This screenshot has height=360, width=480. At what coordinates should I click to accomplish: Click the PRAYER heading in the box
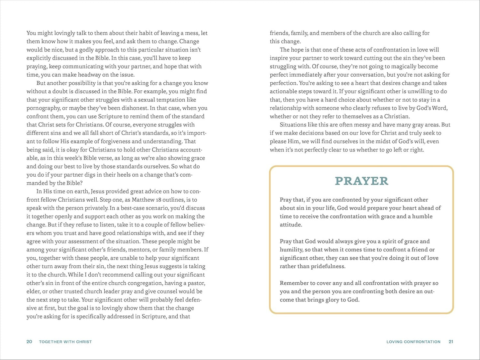coord(361,181)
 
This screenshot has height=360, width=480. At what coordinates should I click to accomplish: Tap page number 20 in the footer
coord(29,341)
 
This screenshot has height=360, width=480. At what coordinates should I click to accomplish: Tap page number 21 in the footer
coord(451,341)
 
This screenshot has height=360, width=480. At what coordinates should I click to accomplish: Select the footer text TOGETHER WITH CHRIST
coord(65,341)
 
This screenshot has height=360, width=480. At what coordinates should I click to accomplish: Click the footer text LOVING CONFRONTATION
coord(413,341)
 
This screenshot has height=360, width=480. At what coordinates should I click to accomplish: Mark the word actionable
coord(283,91)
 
